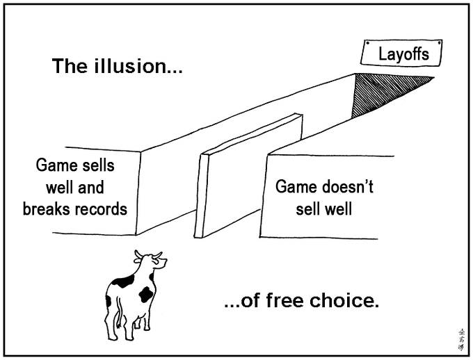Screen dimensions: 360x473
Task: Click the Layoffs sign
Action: [403, 53]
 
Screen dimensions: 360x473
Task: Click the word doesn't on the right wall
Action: [348, 188]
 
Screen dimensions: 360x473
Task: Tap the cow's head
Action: [154, 263]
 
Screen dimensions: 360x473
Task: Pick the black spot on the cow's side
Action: [145, 294]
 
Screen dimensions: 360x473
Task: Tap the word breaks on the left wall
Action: [45, 208]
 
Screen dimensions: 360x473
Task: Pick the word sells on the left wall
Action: [96, 166]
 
